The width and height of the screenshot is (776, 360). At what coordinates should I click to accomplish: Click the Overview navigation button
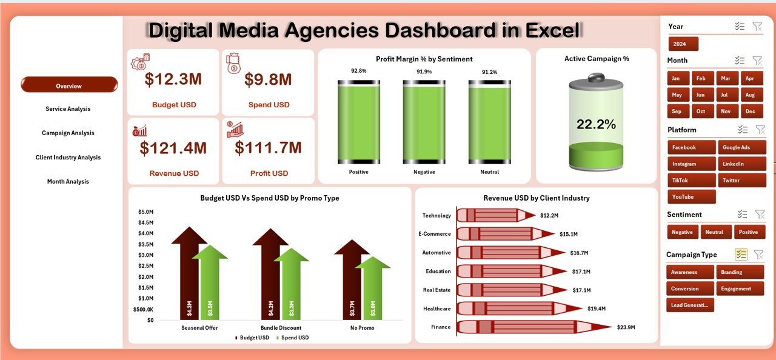click(69, 85)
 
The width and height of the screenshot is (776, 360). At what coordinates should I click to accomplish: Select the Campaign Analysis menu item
click(68, 133)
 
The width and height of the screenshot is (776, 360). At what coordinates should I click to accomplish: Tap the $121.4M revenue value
click(173, 148)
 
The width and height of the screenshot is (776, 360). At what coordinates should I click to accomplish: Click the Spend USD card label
click(269, 105)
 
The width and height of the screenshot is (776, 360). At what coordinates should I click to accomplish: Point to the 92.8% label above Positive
click(359, 71)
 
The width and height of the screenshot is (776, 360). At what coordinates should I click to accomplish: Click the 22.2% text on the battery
click(596, 124)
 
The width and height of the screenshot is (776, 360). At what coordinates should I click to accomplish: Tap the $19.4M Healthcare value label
click(597, 308)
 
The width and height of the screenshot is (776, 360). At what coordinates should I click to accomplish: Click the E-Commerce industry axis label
click(435, 234)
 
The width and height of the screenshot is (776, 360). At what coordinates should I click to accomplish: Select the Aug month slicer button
click(750, 95)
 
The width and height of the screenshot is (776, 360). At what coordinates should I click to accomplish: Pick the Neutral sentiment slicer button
click(716, 232)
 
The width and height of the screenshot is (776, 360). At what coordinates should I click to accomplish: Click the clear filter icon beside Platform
click(760, 129)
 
